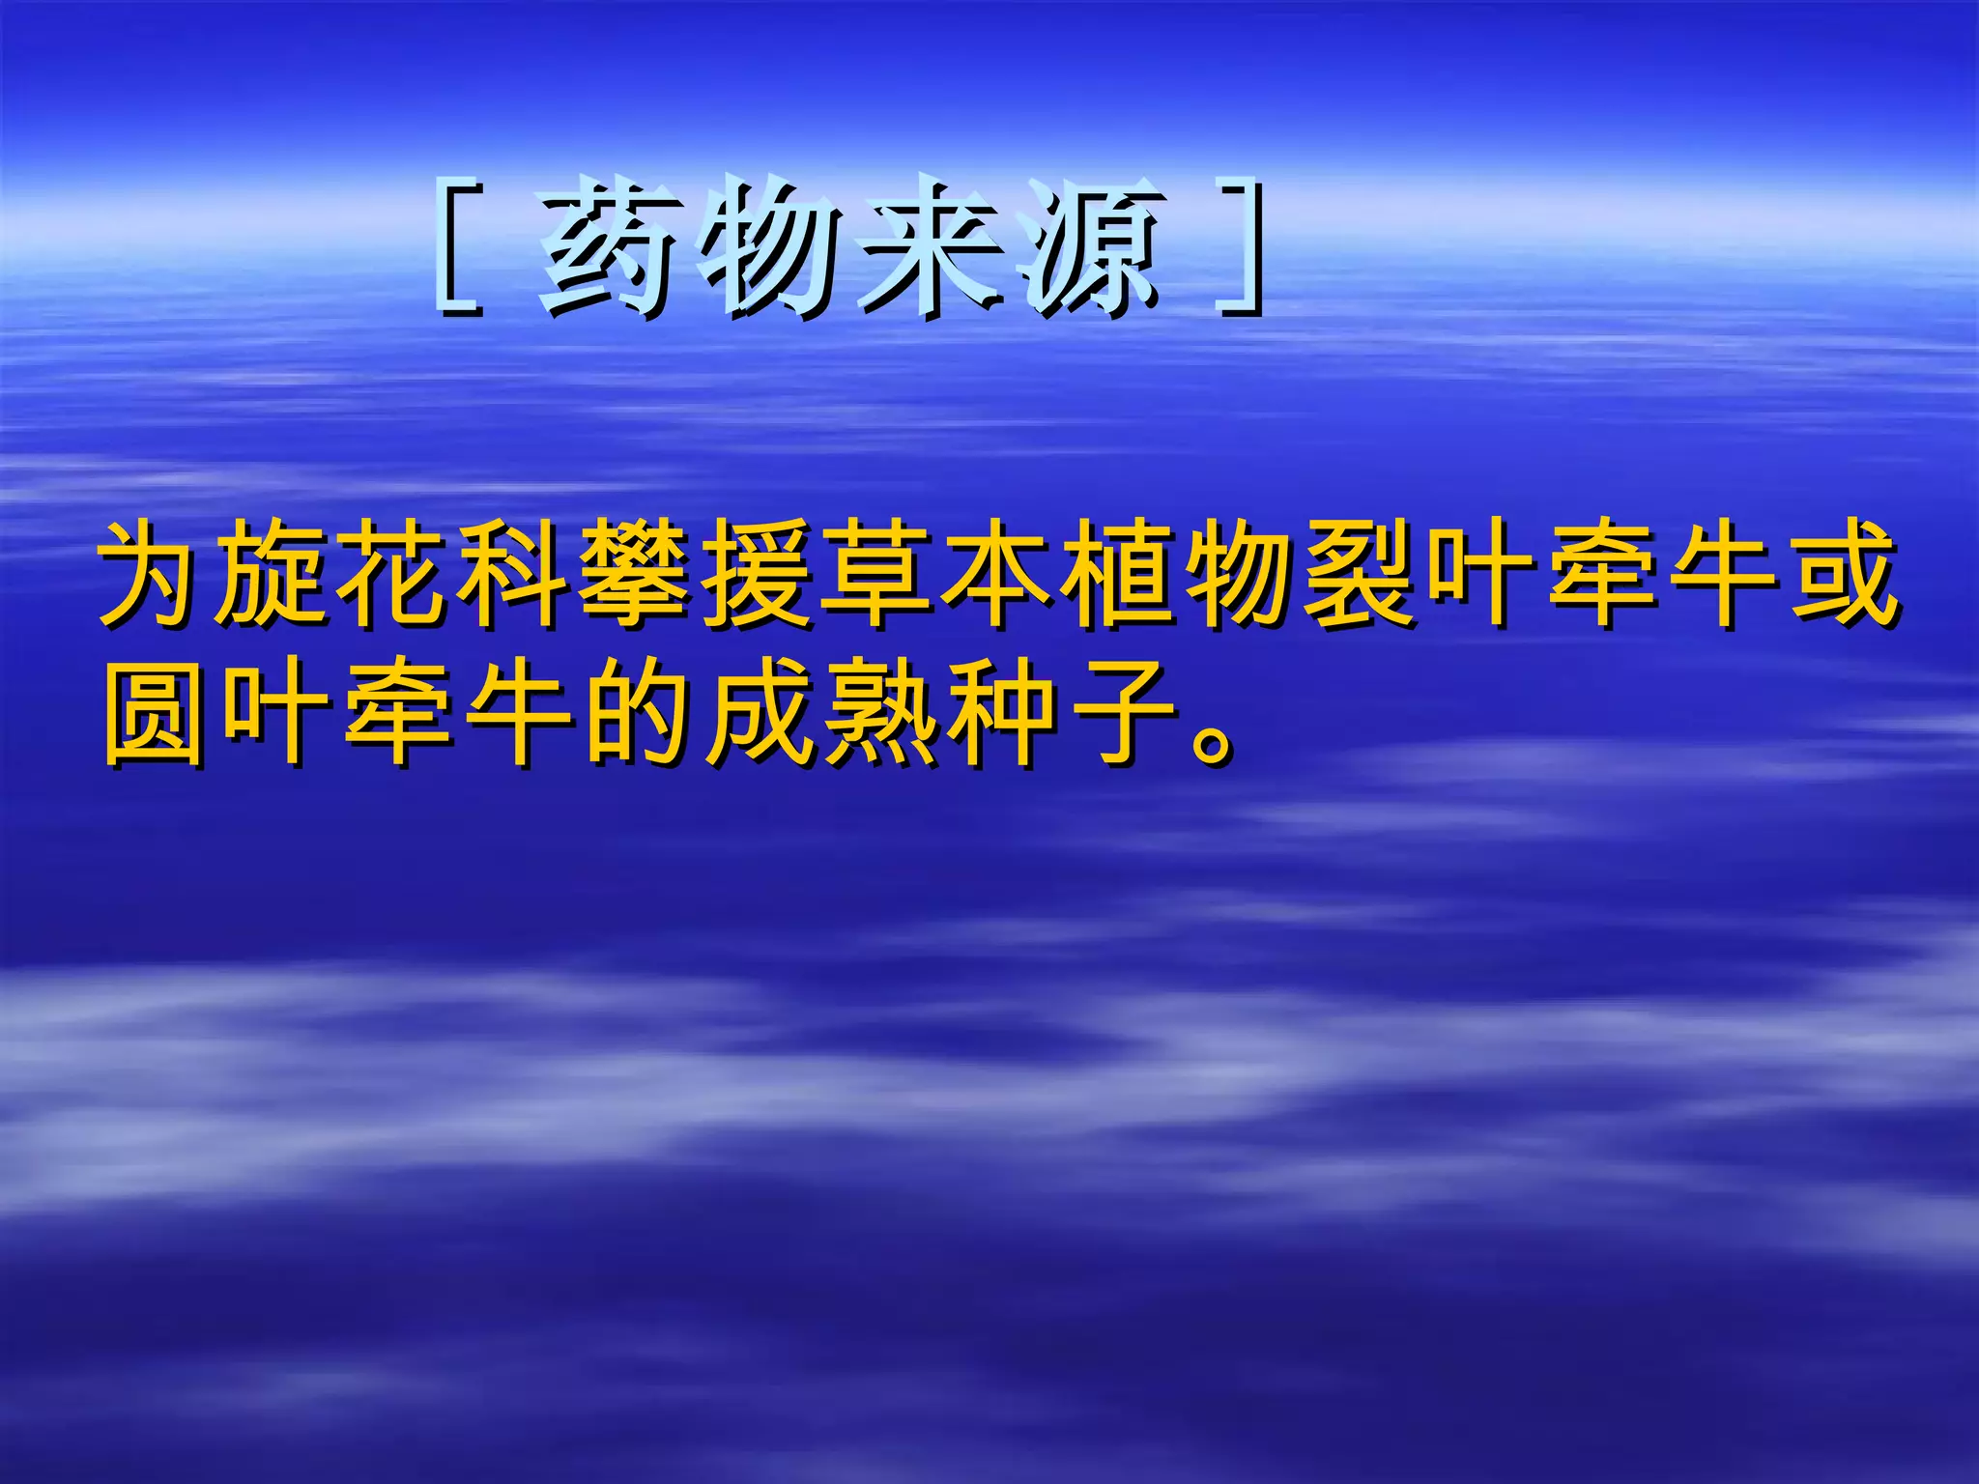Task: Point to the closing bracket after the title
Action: click(x=1242, y=246)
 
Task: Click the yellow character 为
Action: click(x=155, y=575)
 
